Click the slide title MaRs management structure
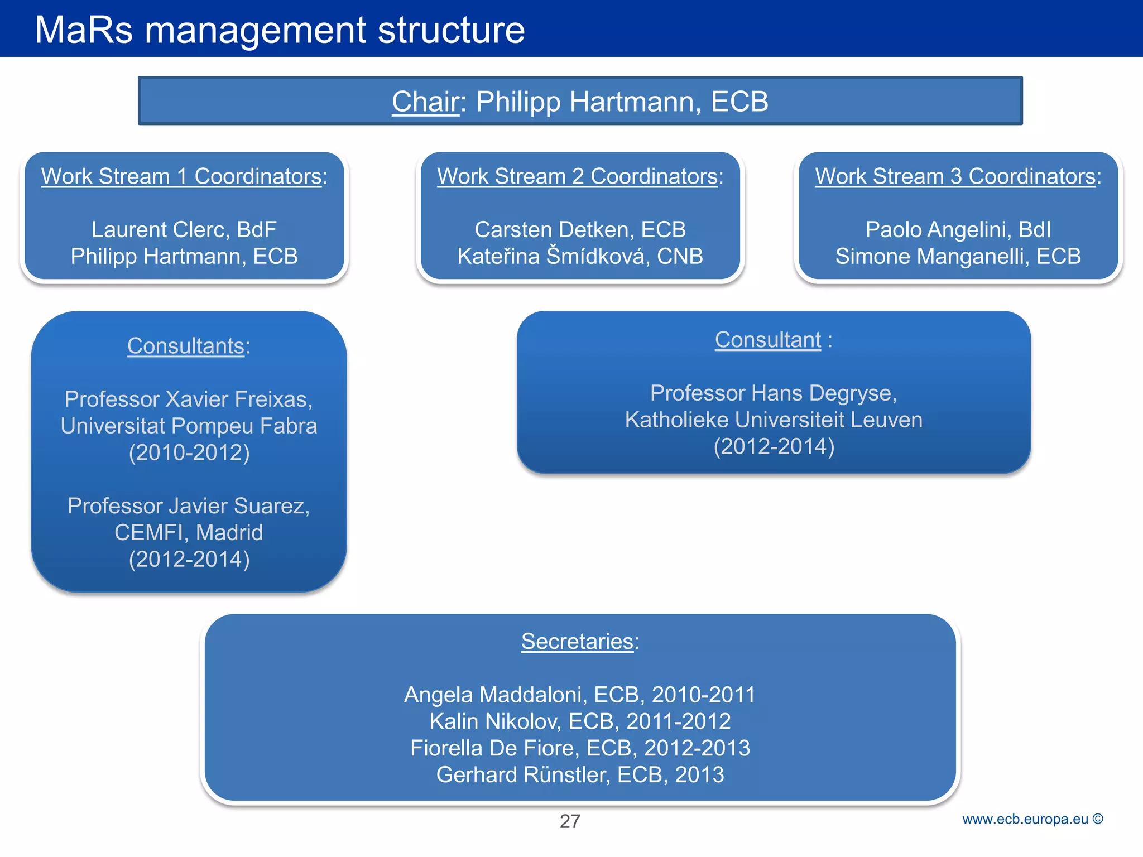[x=280, y=30]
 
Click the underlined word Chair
[x=425, y=102]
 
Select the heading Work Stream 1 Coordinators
[x=184, y=176]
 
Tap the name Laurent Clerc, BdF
[x=184, y=229]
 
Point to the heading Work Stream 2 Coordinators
[x=579, y=176]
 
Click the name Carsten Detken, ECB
[x=580, y=229]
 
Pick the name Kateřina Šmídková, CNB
[x=580, y=256]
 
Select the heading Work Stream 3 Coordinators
[x=958, y=176]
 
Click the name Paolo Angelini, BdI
[x=958, y=229]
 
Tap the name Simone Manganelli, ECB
[x=958, y=256]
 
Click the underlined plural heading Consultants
[x=186, y=346]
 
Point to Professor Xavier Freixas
[x=189, y=399]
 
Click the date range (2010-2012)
[x=189, y=452]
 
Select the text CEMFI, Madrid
[x=189, y=532]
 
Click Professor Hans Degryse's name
[x=774, y=393]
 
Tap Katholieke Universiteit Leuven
[x=774, y=420]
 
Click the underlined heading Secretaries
[x=577, y=641]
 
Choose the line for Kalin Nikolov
[x=580, y=721]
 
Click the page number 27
[x=570, y=821]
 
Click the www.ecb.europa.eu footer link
[x=1025, y=819]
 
